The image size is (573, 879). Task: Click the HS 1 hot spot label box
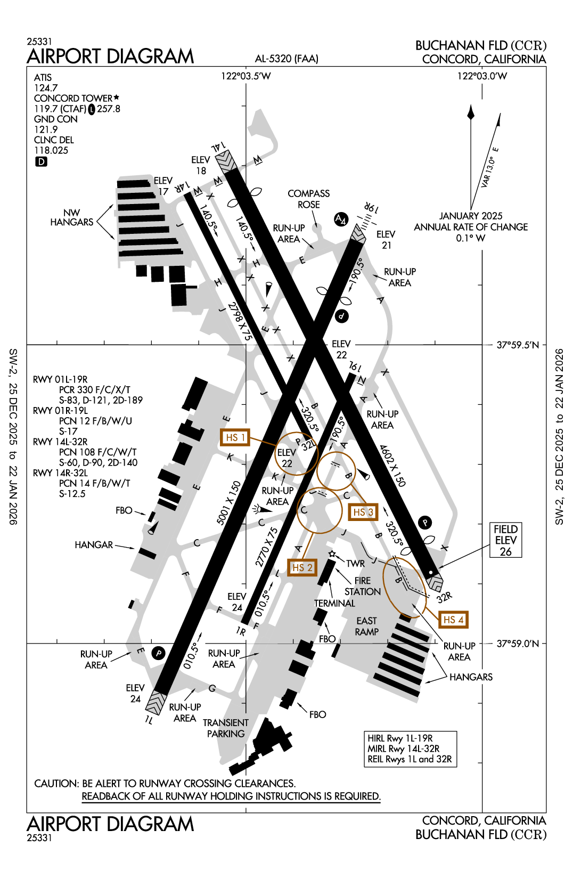click(x=235, y=438)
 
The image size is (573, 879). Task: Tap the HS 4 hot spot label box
click(x=453, y=620)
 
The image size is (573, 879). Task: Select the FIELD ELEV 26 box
click(x=505, y=540)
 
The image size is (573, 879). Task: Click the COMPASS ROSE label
click(x=308, y=199)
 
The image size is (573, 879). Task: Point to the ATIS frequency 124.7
click(x=46, y=88)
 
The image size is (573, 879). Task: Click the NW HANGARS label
click(x=71, y=217)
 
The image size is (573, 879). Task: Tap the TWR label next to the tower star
click(x=355, y=564)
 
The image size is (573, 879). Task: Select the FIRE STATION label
click(x=362, y=586)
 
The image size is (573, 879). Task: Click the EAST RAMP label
click(x=366, y=626)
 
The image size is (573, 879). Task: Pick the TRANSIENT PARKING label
click(x=226, y=728)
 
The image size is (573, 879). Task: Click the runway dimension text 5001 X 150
click(x=229, y=503)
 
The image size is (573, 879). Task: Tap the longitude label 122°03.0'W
click(x=482, y=76)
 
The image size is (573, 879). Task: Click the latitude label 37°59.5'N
click(x=518, y=345)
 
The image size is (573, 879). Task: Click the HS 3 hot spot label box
click(x=363, y=512)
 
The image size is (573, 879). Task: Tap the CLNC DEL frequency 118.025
click(x=51, y=151)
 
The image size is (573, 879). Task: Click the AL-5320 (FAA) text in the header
click(x=286, y=59)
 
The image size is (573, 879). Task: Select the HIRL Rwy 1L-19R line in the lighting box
click(x=400, y=738)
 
